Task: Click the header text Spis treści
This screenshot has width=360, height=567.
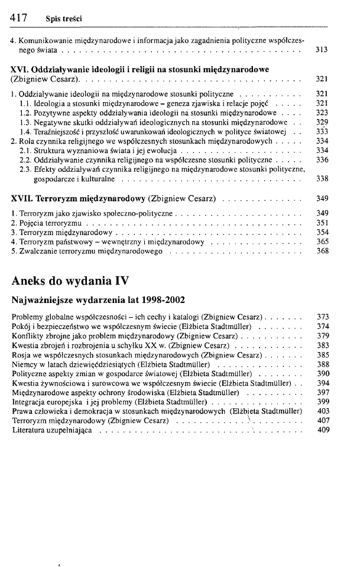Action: coord(63,21)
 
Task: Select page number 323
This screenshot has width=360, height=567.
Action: coord(322,112)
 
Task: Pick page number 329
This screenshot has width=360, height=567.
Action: coord(322,121)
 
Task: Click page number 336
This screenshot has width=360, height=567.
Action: coord(322,159)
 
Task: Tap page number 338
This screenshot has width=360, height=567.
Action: coord(322,178)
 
